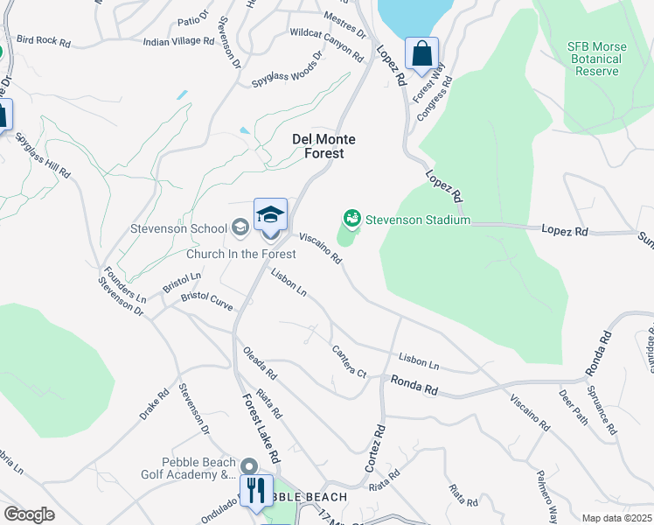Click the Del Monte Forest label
317,146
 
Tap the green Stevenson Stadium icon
352,217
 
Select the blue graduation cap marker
271,214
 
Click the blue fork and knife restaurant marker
256,490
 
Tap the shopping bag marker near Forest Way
421,53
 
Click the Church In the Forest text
240,254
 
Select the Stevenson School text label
178,229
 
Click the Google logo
29,514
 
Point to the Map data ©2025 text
616,518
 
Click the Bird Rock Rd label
43,39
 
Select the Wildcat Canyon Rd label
326,44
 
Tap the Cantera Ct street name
348,360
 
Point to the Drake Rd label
152,405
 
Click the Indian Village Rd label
179,41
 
